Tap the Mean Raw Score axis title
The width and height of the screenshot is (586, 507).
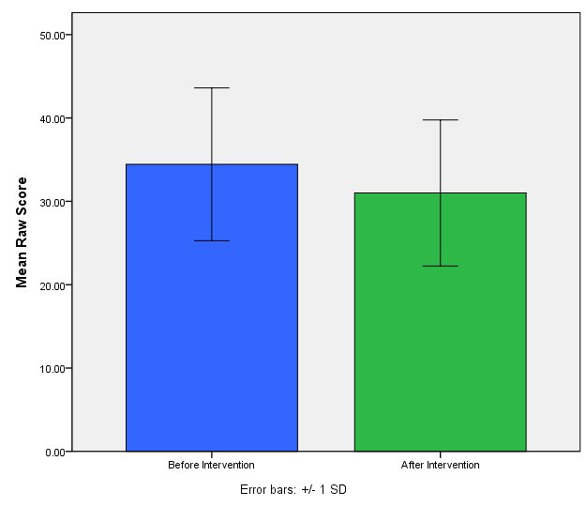(22, 232)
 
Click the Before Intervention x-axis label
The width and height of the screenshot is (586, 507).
(211, 465)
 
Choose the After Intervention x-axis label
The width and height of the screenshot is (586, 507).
(440, 465)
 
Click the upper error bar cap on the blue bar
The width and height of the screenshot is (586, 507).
(211, 87)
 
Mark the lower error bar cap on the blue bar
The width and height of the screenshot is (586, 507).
(211, 241)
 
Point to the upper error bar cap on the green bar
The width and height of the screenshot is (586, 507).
(440, 119)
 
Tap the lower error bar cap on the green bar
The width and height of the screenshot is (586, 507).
(440, 267)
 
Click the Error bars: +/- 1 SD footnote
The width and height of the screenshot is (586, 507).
(293, 490)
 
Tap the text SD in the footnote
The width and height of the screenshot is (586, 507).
(338, 490)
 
